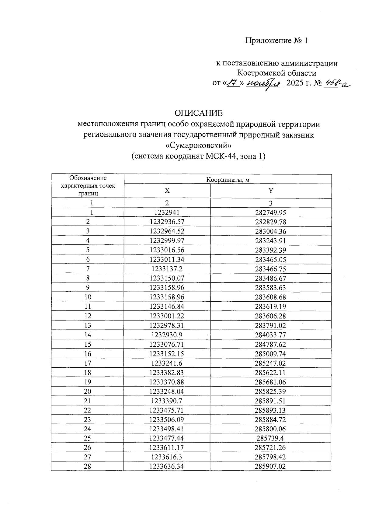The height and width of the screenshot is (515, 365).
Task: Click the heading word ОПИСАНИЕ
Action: (198, 113)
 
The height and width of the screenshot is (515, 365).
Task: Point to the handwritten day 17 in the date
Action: (233, 83)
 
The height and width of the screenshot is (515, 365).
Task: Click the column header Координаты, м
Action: (228, 180)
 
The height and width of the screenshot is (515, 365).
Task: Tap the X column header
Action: (167, 191)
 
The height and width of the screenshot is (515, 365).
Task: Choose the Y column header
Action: (270, 191)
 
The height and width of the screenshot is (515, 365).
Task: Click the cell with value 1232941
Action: (167, 212)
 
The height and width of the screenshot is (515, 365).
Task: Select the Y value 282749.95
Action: (270, 212)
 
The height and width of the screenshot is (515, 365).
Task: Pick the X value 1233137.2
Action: (167, 269)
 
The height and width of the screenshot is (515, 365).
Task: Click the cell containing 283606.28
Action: (270, 316)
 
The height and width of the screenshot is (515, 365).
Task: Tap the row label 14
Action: (88, 335)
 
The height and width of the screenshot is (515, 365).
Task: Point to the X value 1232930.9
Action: (167, 335)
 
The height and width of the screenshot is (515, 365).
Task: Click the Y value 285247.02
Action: (270, 363)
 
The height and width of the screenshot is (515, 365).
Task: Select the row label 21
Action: (88, 401)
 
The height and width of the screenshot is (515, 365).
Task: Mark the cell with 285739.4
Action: (270, 438)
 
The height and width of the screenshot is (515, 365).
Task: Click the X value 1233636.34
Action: (167, 466)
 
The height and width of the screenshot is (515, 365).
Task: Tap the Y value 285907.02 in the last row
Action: (270, 466)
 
